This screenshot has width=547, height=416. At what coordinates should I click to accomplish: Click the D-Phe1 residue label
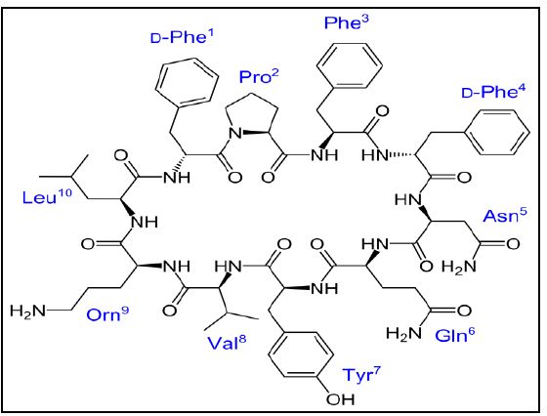(x=182, y=36)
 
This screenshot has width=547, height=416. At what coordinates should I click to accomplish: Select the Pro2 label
(x=259, y=76)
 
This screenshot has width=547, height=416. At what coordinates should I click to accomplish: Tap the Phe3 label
(x=346, y=22)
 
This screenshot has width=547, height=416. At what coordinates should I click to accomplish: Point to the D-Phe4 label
(x=493, y=92)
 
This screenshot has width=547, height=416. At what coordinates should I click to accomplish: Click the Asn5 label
(x=505, y=215)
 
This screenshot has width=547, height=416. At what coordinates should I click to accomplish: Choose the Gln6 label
(x=455, y=335)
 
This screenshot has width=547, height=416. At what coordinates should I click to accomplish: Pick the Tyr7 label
(x=361, y=375)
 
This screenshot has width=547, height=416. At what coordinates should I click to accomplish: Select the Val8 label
(x=227, y=343)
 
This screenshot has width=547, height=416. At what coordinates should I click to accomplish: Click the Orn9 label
(x=107, y=313)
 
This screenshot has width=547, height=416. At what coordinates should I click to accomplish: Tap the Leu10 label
(x=47, y=196)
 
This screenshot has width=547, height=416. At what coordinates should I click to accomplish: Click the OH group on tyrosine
(x=340, y=399)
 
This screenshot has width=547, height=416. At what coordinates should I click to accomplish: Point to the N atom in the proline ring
(x=235, y=133)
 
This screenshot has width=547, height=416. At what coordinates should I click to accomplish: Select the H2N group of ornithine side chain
(x=28, y=311)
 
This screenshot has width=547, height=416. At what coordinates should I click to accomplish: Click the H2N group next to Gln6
(x=403, y=334)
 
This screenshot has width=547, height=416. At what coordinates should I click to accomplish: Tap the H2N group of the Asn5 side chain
(x=459, y=268)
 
